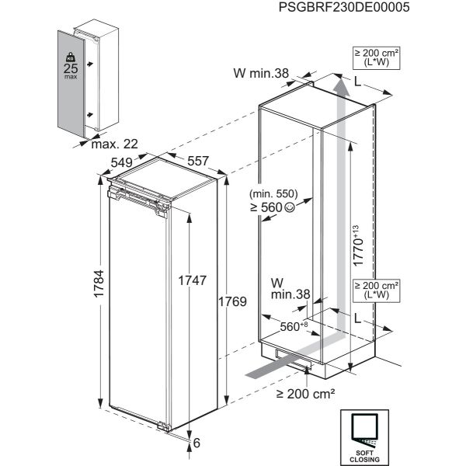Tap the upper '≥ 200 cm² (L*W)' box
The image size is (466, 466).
pos(377,57)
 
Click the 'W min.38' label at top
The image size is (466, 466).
pos(261,74)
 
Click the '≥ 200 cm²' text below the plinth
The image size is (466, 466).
pos(304,394)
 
